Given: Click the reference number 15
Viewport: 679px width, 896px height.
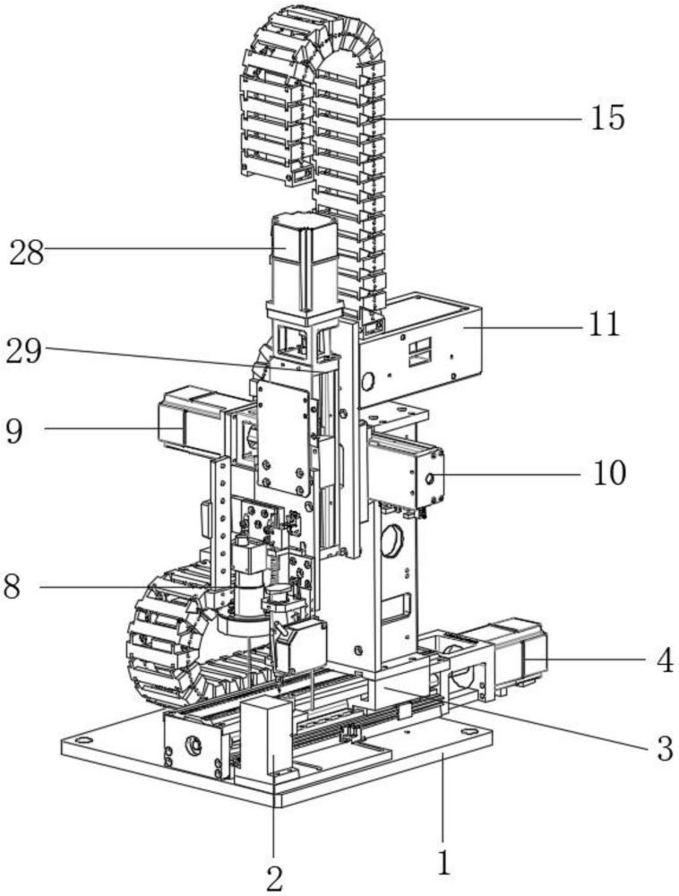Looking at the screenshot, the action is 607,118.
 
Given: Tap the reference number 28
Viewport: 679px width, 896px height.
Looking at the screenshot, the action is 26,253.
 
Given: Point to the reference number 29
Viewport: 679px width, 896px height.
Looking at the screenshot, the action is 24,351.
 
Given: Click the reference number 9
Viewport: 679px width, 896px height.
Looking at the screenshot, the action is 14,431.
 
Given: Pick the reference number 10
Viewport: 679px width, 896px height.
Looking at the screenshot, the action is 609,472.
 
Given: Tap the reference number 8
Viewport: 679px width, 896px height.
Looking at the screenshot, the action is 12,586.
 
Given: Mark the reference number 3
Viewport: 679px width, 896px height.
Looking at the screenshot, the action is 664,748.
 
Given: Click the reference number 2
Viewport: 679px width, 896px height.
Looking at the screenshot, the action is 275,879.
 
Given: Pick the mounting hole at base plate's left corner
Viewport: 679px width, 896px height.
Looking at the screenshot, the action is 84,740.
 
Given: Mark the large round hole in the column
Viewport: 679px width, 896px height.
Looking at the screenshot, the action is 394,540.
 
